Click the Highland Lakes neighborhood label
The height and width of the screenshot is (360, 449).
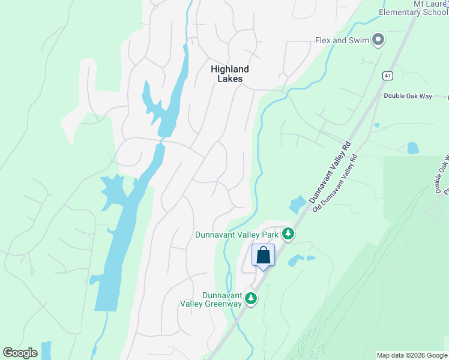coord(229,74)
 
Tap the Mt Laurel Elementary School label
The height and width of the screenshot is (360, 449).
coord(414,8)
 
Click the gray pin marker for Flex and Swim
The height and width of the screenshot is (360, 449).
coord(378,40)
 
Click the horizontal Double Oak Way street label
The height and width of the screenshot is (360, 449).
coord(408,96)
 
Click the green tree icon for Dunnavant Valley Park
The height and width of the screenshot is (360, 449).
coord(288,234)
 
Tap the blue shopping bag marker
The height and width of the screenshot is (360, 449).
coord(263,256)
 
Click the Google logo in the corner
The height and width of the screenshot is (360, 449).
coord(20,353)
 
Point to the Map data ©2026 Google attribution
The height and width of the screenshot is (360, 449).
coord(412,355)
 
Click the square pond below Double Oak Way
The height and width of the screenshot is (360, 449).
coord(413,148)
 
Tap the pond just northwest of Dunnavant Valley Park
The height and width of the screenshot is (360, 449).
coord(297,205)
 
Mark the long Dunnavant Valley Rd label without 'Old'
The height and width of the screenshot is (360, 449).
coord(330,172)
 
